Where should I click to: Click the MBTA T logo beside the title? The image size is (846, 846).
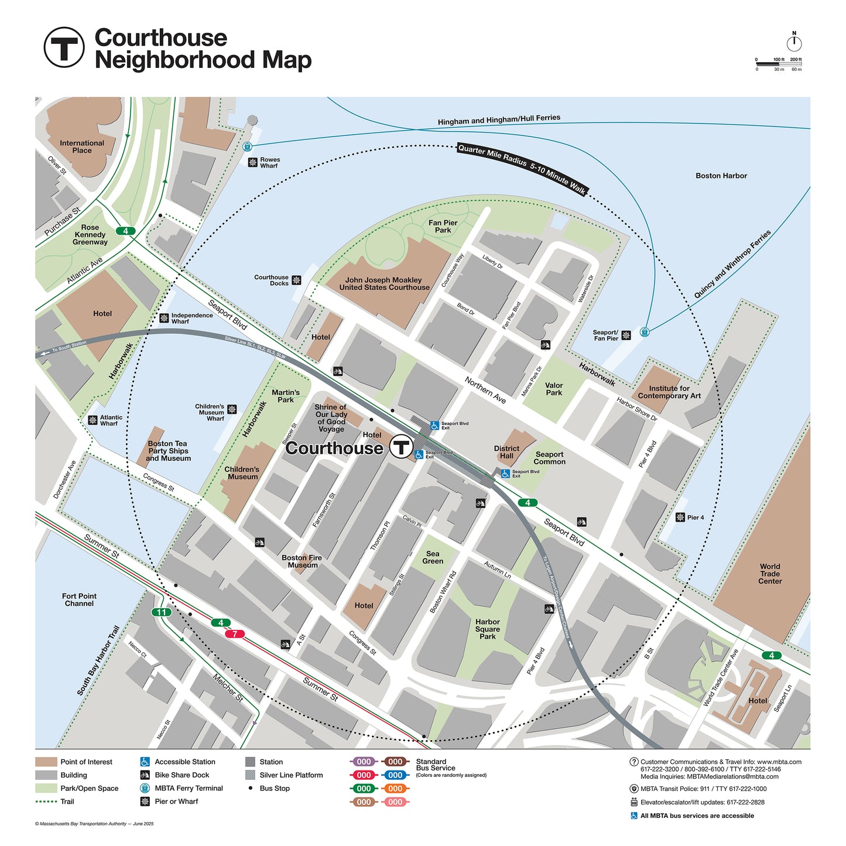(64, 47)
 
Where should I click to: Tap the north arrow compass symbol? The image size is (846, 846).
(794, 43)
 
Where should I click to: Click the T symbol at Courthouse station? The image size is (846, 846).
(402, 447)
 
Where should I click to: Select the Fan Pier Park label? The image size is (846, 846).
(443, 227)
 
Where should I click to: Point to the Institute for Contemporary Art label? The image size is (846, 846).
(669, 392)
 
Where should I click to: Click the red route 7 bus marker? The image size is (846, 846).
(235, 634)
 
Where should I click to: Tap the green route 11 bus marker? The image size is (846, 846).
(161, 612)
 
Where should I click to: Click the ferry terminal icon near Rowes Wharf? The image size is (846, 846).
(247, 146)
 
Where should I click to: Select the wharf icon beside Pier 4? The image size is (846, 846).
(680, 518)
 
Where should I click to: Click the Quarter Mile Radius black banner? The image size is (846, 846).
(522, 169)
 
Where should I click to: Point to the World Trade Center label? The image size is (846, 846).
(769, 574)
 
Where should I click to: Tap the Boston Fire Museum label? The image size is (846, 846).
(302, 561)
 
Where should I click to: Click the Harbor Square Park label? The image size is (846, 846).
(487, 629)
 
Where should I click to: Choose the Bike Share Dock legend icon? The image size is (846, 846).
(145, 775)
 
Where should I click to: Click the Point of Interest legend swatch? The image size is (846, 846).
(46, 762)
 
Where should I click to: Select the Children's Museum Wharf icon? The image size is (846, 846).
(232, 409)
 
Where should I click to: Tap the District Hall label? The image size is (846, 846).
(506, 452)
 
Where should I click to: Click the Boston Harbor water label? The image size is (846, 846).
(721, 176)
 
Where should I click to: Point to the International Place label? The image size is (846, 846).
(82, 147)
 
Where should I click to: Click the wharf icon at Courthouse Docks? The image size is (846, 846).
(296, 280)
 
